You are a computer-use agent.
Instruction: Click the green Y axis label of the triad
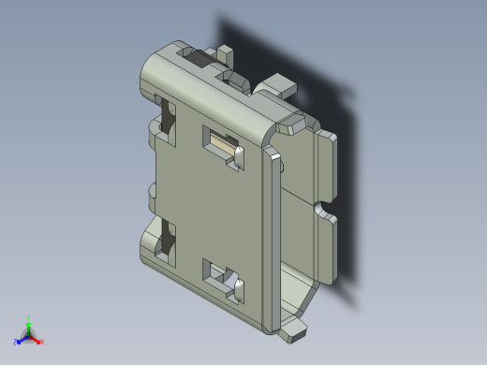[x=29, y=318]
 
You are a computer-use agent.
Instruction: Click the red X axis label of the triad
[x=42, y=342]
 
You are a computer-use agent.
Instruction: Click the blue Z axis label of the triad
[x=17, y=342]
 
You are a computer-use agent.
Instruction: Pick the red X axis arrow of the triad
[x=37, y=339]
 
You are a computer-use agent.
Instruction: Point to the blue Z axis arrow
[x=22, y=339]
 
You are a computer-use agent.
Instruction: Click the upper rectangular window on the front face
[x=223, y=144]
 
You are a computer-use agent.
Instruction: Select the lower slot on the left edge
[x=168, y=240]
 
